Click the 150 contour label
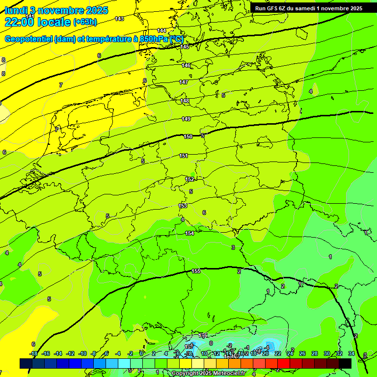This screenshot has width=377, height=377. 188,137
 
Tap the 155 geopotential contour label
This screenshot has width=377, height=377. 196,271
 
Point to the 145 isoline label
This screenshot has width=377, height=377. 185,47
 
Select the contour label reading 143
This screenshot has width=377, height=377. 119,19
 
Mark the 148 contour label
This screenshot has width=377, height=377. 185,101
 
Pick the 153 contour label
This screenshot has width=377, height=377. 183,206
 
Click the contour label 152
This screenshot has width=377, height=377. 189,179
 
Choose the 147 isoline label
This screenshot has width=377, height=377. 184,82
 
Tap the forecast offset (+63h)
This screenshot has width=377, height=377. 85,22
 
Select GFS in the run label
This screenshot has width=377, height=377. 273,8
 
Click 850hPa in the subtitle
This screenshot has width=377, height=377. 154,39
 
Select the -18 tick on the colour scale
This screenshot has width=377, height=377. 33,353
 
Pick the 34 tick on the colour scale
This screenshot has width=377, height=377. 351,353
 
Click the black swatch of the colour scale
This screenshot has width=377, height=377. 345,363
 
